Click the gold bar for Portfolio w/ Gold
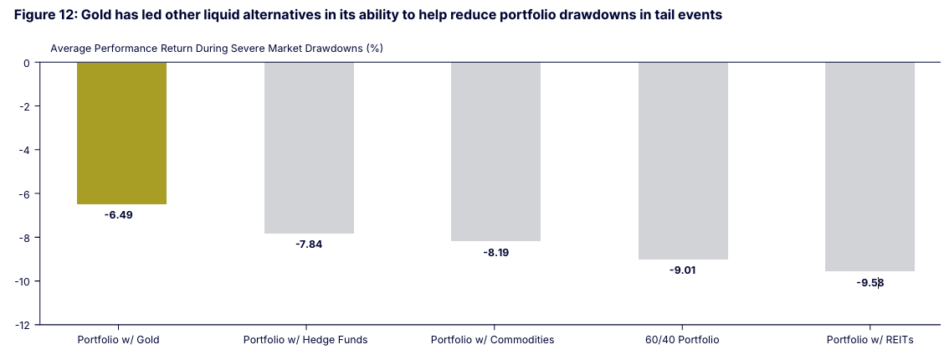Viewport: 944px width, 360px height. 121,133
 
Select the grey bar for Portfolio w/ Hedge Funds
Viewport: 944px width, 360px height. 309,147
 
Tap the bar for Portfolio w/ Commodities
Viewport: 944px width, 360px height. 495,152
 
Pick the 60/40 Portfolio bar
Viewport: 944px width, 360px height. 683,161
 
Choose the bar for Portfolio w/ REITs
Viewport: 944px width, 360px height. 870,167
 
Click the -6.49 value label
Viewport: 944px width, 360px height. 119,215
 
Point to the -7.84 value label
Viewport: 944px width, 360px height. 309,244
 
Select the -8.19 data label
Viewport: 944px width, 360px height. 495,252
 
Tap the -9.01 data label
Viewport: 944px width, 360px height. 683,270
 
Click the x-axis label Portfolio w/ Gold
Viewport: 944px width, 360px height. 118,340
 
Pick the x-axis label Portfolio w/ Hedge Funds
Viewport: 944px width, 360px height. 305,340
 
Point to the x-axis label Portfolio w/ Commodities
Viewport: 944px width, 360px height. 492,340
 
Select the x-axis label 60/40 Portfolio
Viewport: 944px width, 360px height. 680,340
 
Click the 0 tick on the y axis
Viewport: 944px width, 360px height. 26,63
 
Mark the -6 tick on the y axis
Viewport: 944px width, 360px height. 24,193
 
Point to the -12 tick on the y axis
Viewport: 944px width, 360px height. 22,324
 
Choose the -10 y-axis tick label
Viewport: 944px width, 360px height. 22,280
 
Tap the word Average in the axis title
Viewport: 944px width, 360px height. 70,49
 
